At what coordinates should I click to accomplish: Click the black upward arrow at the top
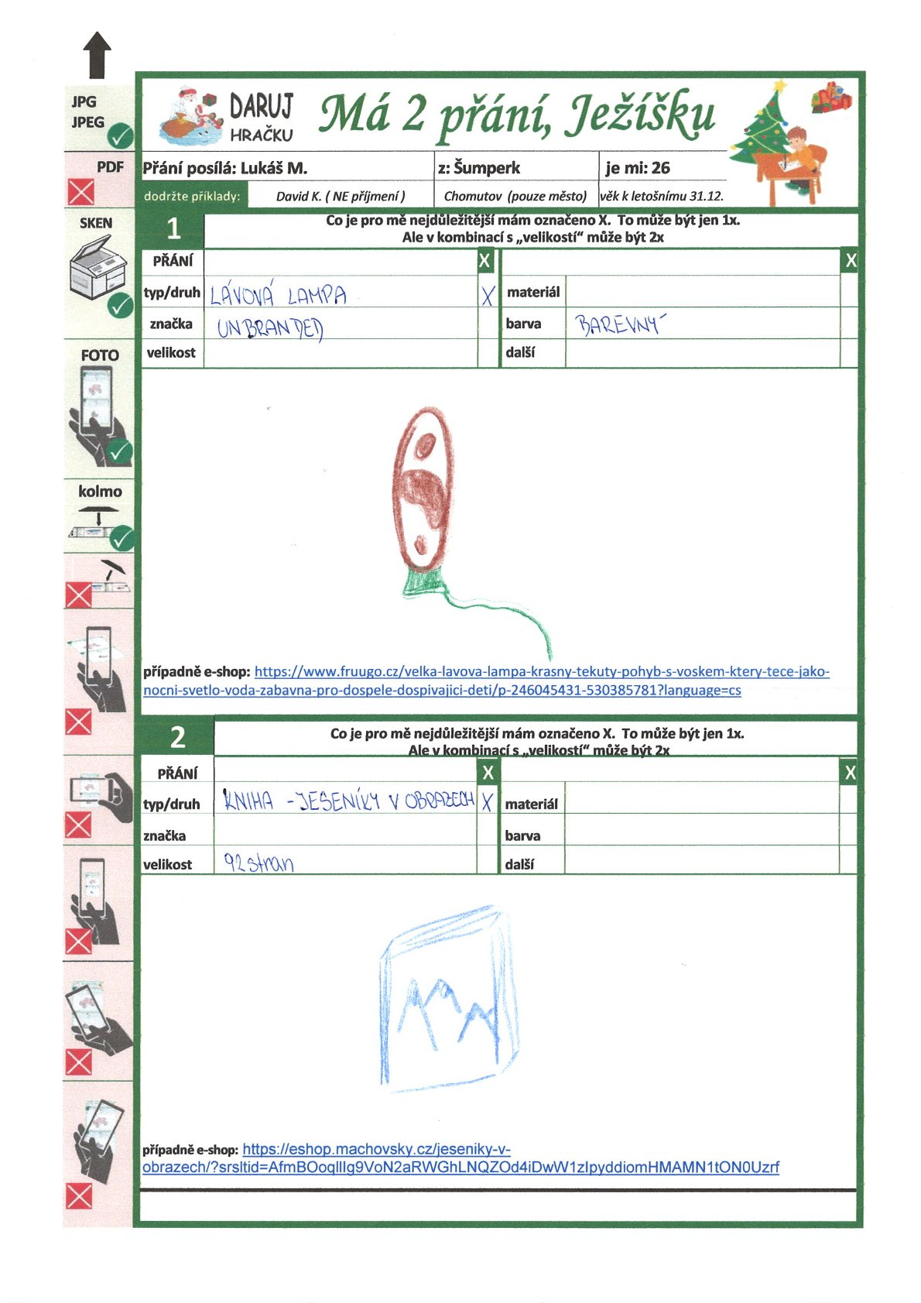point(97,55)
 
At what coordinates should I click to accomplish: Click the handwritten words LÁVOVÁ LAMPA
point(278,295)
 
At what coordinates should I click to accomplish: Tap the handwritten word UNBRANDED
point(269,328)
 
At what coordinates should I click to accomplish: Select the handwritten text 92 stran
point(258,862)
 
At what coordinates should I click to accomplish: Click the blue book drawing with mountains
point(447,999)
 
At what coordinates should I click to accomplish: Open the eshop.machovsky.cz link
point(460,1158)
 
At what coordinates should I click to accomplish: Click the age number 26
point(660,168)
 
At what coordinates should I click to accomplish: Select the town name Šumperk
point(487,168)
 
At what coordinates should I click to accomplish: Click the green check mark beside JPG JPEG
point(120,137)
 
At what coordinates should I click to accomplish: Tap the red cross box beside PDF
point(80,191)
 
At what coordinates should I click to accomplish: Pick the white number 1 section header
point(173,228)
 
